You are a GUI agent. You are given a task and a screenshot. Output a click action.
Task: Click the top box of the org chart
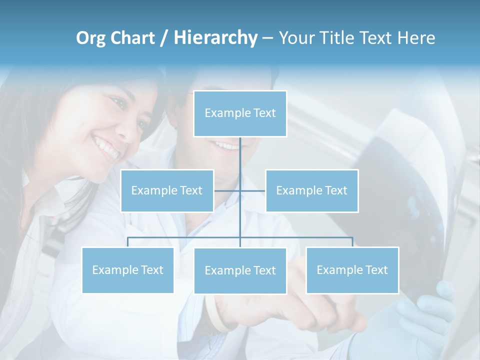pyautogui.click(x=240, y=113)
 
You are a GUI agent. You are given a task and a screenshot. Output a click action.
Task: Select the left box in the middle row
pyautogui.click(x=167, y=190)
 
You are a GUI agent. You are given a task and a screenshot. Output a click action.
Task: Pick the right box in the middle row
pyautogui.click(x=311, y=190)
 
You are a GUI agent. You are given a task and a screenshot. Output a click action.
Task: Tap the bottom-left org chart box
pyautogui.click(x=127, y=270)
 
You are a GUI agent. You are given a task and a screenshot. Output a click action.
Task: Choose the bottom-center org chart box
pyautogui.click(x=240, y=270)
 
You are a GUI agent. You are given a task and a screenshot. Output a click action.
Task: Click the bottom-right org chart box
pyautogui.click(x=352, y=270)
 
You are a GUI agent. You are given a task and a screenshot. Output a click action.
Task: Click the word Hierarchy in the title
pyautogui.click(x=215, y=38)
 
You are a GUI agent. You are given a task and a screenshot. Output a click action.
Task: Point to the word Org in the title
pyautogui.click(x=90, y=38)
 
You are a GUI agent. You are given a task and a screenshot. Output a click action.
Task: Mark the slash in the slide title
pyautogui.click(x=164, y=38)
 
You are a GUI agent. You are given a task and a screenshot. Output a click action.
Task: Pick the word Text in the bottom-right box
pyautogui.click(x=376, y=270)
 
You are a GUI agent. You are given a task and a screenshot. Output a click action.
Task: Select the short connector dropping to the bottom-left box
pyautogui.click(x=127, y=242)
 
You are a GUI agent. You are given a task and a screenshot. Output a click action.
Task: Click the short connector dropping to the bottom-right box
pyautogui.click(x=352, y=242)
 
